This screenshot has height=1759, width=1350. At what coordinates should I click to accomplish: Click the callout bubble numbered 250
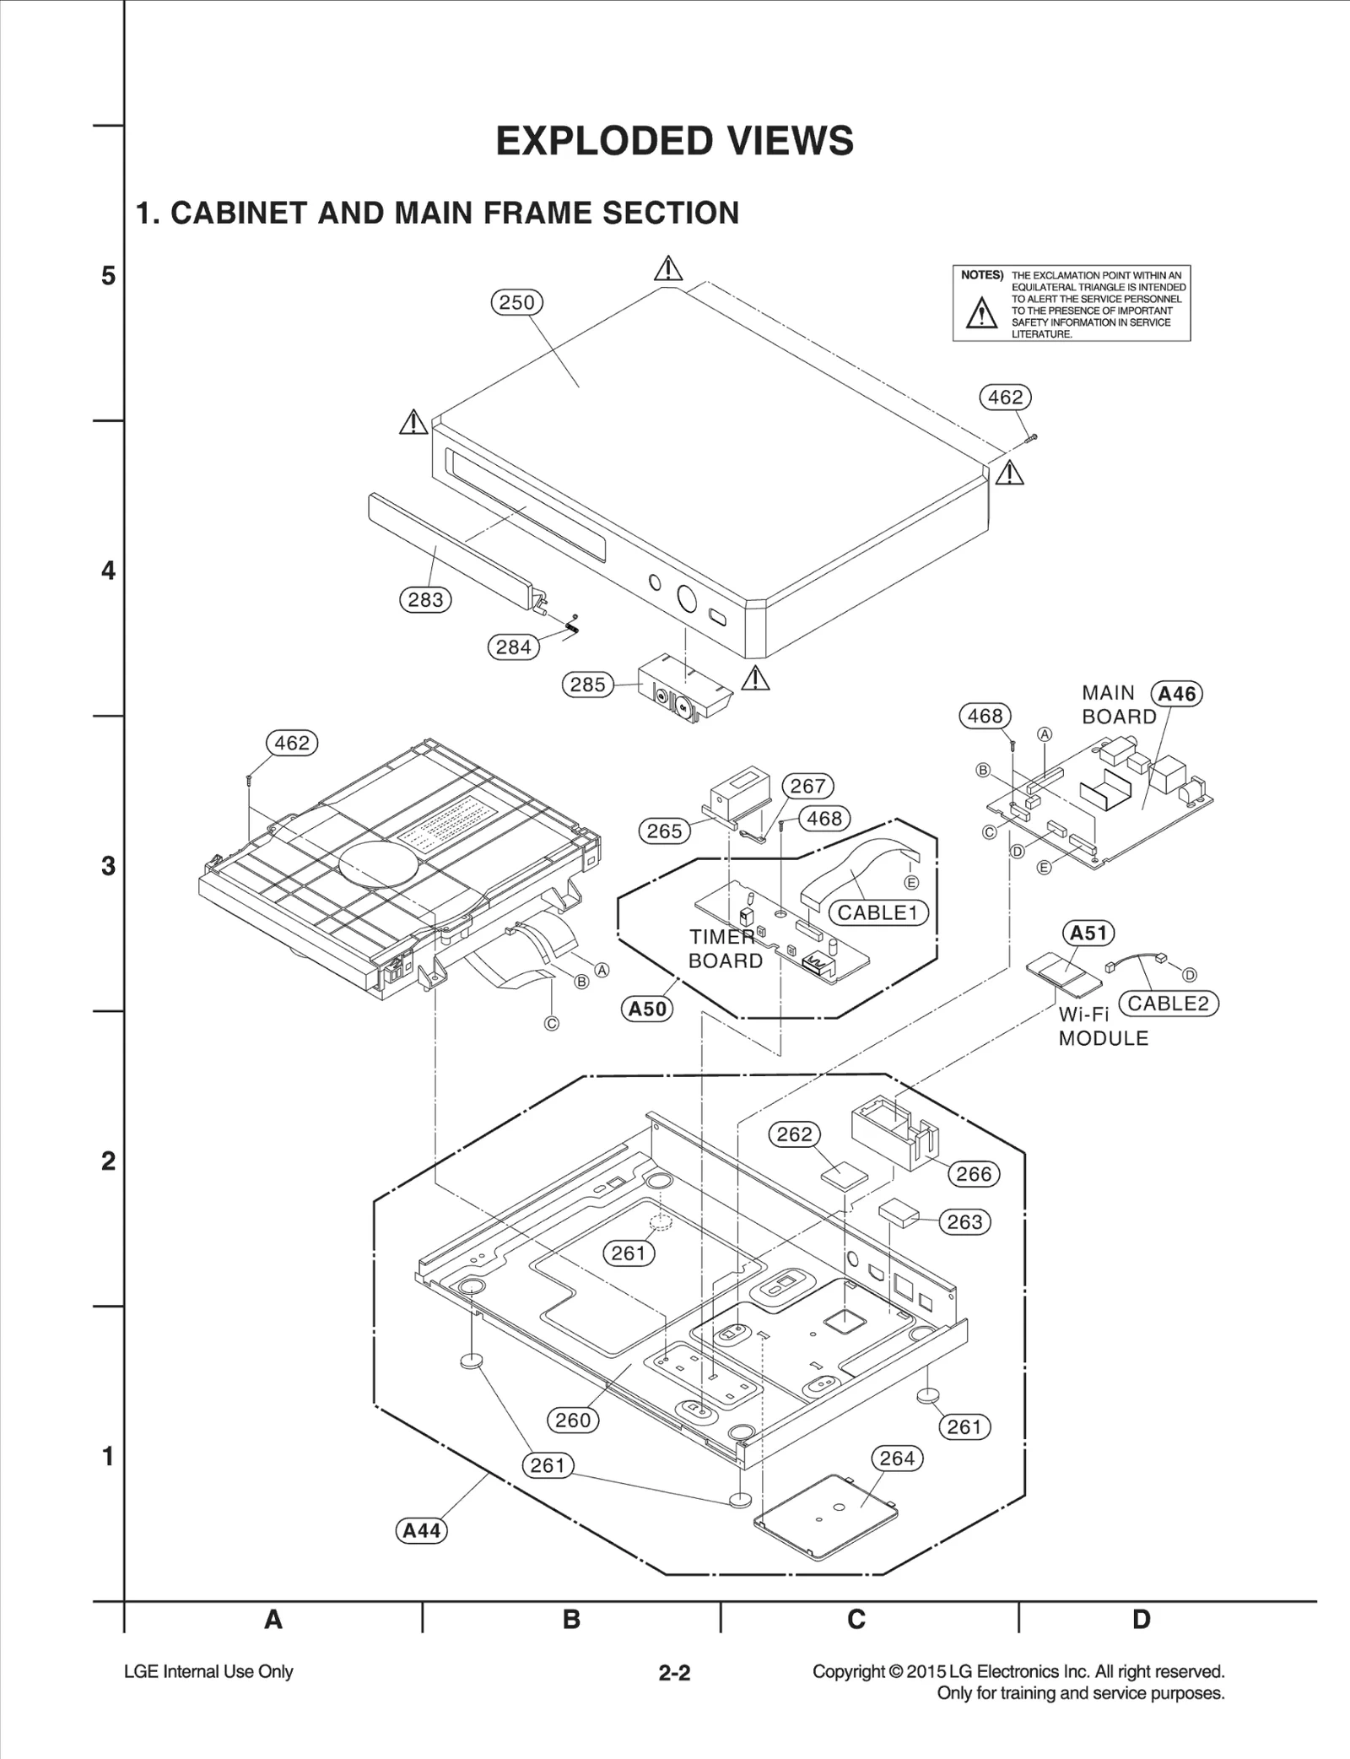point(516,302)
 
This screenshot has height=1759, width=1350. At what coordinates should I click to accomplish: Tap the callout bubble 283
point(425,600)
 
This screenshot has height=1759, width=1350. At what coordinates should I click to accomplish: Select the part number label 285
point(588,685)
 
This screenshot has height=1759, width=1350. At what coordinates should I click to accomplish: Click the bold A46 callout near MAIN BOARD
point(1176,694)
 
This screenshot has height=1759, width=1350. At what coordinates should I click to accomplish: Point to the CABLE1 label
point(877,912)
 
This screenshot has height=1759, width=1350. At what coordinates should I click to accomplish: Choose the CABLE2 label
point(1168,1004)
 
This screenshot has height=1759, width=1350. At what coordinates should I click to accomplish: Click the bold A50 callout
point(647,1009)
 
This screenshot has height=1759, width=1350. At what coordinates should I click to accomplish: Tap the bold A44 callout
point(421,1531)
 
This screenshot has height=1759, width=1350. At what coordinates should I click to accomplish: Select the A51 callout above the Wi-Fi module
point(1088,933)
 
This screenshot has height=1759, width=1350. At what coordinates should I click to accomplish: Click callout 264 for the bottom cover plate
point(896,1459)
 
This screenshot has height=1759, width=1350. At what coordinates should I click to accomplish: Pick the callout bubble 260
point(573,1421)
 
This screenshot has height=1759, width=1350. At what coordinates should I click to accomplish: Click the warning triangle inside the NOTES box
point(981,313)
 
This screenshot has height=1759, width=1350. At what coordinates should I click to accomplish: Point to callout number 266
point(974,1174)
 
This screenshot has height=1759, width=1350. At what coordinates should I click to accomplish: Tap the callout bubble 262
point(794,1134)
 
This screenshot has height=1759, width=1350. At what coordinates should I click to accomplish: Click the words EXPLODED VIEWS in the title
point(674,140)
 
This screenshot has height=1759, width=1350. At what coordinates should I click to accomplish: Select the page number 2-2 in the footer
point(674,1673)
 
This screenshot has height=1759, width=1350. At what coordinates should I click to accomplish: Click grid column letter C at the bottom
point(856,1620)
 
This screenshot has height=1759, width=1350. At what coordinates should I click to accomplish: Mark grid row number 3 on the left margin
point(108,866)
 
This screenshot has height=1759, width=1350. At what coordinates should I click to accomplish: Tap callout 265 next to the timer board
point(664,831)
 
